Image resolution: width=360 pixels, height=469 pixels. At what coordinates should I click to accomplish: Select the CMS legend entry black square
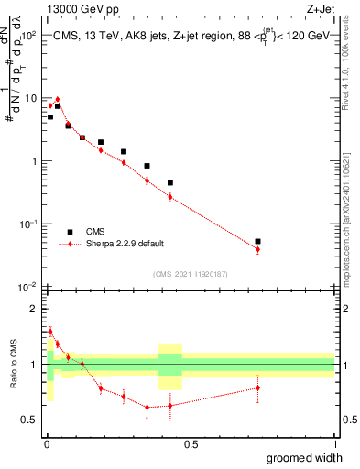(70, 232)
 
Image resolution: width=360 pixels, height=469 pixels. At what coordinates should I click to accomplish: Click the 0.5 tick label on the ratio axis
(31, 420)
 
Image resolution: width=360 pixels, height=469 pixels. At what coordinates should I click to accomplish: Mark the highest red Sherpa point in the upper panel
(57, 99)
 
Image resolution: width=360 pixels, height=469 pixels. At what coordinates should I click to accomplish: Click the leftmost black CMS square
(50, 117)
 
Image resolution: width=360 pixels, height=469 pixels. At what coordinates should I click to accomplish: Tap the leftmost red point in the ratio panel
(50, 332)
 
